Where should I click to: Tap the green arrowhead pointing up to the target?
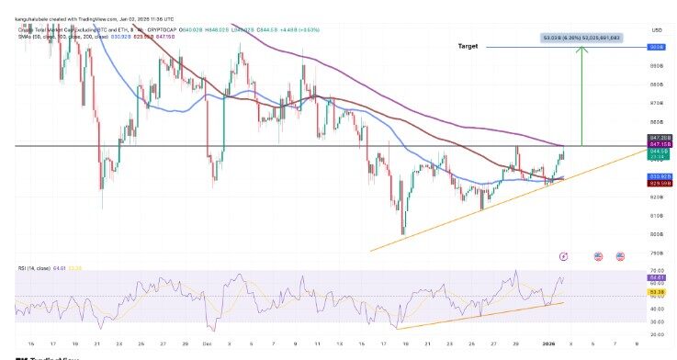[581, 52]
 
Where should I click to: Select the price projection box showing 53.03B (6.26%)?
[581, 38]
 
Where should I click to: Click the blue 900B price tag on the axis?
[657, 46]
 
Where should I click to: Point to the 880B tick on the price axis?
[657, 84]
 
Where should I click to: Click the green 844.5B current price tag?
[657, 152]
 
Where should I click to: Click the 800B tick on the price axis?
[657, 234]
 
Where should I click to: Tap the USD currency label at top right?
[656, 28]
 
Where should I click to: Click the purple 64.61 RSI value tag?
[657, 276]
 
